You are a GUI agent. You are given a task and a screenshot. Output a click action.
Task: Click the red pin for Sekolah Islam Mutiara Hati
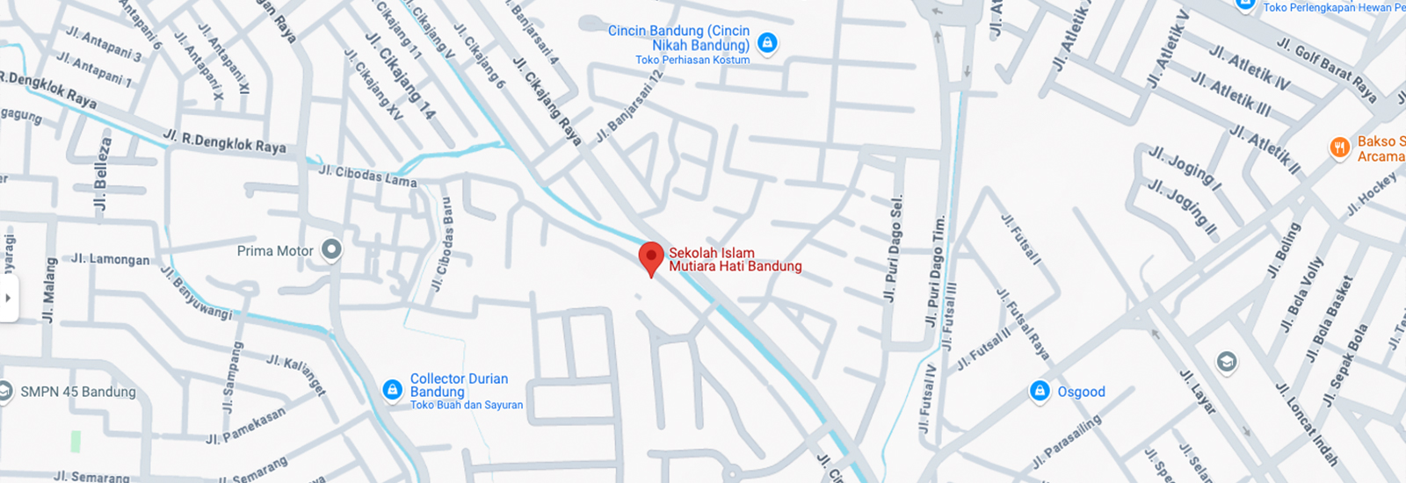650,257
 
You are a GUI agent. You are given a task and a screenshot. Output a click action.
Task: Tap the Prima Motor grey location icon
331,250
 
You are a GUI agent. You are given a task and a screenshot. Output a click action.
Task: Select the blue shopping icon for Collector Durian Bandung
393,389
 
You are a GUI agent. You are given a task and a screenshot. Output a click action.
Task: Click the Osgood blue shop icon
1040,391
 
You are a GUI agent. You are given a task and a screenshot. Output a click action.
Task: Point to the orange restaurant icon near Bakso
1339,147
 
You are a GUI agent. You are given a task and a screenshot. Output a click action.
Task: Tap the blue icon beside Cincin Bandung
767,42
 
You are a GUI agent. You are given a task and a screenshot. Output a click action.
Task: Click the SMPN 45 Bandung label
77,392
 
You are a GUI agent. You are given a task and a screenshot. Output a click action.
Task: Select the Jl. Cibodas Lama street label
367,176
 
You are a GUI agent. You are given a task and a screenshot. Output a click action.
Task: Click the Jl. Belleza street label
103,174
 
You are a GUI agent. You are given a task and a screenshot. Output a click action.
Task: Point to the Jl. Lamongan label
110,259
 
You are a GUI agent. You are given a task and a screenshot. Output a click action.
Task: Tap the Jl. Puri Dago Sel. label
894,249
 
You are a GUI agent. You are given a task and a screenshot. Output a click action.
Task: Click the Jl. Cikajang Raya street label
547,101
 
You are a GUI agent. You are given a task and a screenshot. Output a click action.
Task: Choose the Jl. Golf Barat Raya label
1326,70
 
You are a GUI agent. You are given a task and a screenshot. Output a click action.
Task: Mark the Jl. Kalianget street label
296,374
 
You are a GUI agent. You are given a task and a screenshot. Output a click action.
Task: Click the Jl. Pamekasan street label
245,426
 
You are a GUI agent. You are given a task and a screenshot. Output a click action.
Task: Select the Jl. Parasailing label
1066,441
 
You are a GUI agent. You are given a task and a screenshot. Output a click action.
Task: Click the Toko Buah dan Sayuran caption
466,405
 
